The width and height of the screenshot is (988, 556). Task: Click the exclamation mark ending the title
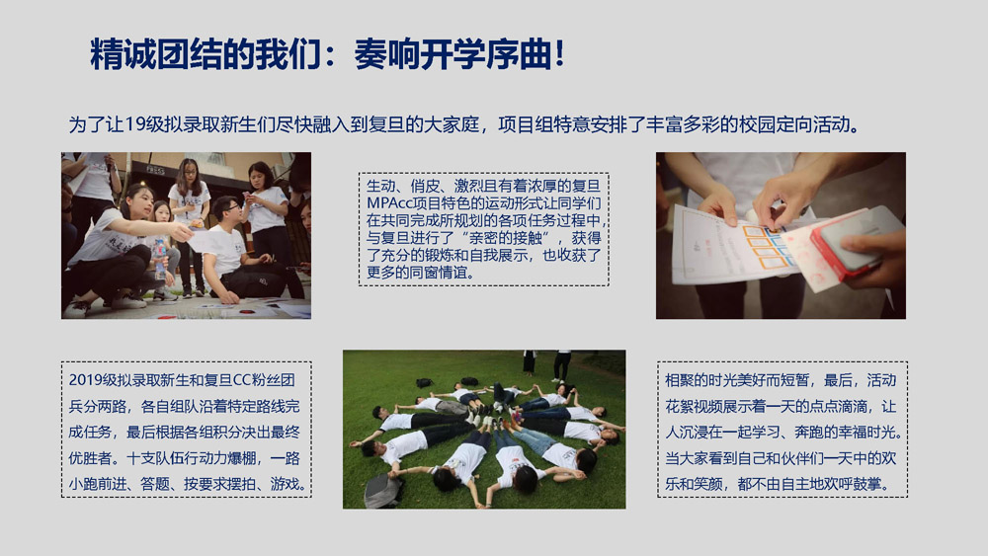click(559, 53)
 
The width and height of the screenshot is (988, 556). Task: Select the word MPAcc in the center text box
click(386, 203)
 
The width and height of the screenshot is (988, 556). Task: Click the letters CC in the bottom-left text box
click(242, 380)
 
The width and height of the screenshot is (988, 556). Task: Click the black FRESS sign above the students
click(155, 170)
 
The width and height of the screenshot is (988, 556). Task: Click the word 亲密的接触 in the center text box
click(505, 238)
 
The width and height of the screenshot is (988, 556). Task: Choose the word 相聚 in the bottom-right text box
click(680, 380)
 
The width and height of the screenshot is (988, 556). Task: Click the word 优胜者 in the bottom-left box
click(90, 458)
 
